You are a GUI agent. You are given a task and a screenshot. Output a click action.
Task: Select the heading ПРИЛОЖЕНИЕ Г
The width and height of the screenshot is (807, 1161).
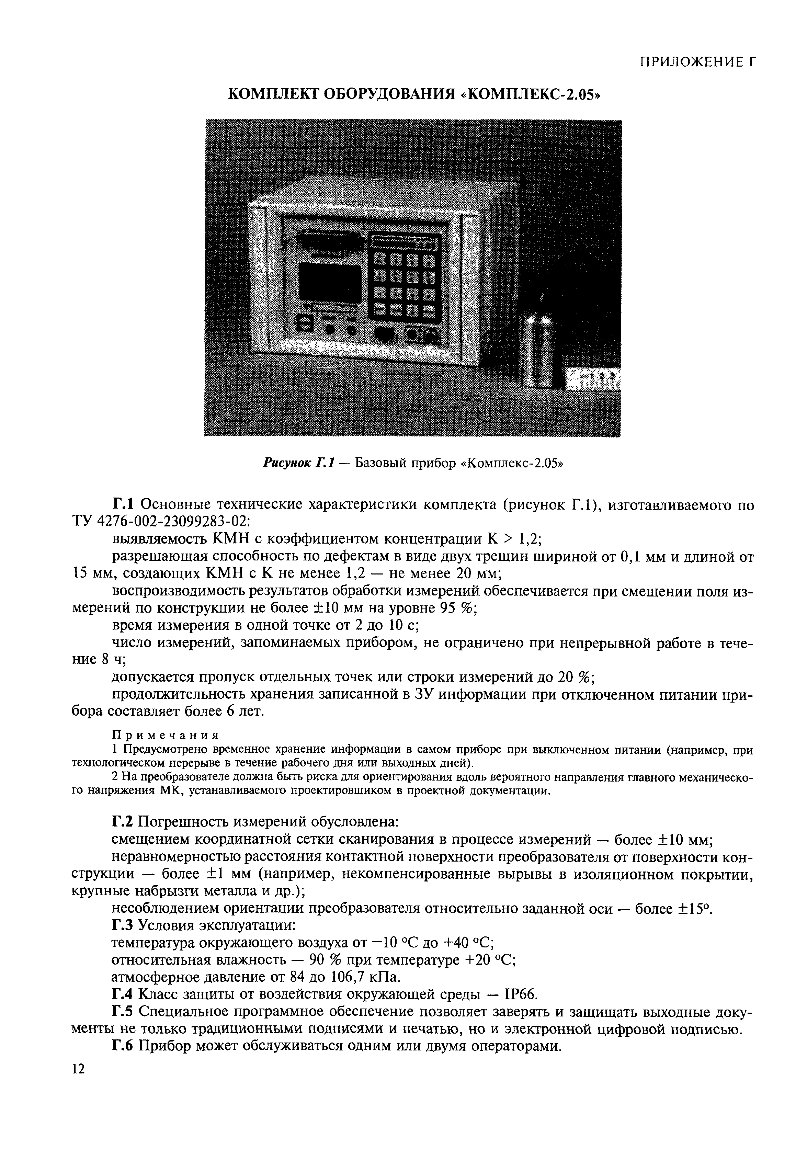[x=698, y=62]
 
